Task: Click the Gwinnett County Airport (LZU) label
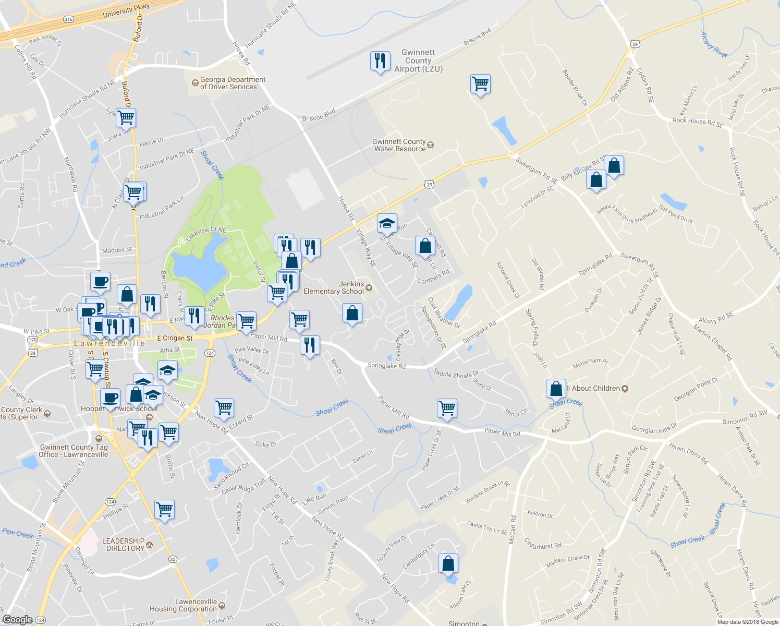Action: (x=418, y=61)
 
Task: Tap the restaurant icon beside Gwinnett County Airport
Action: (x=380, y=61)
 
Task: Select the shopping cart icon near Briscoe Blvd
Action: (x=480, y=84)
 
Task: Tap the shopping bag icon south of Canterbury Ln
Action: (x=448, y=563)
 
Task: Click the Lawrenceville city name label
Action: (x=109, y=343)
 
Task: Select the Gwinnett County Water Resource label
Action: (x=399, y=145)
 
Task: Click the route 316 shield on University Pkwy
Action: (x=68, y=19)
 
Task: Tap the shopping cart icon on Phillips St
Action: (x=165, y=509)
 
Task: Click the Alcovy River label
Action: (x=713, y=44)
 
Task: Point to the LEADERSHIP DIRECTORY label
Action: (x=124, y=545)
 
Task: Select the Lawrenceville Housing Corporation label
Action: (x=183, y=605)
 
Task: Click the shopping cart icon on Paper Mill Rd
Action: (x=447, y=408)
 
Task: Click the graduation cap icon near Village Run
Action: (x=387, y=223)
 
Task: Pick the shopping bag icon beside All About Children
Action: (x=556, y=389)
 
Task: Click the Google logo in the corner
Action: (x=17, y=620)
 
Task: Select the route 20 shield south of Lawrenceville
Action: (x=173, y=559)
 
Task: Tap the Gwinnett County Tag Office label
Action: (x=74, y=451)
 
